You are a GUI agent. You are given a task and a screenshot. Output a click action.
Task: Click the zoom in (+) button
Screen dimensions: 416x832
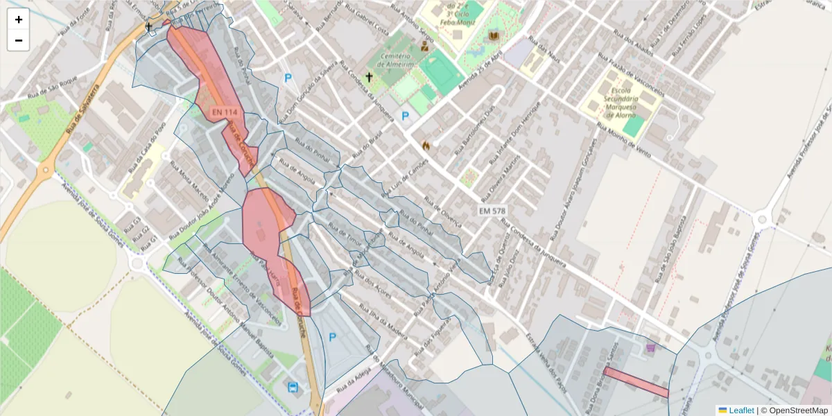point(19,19)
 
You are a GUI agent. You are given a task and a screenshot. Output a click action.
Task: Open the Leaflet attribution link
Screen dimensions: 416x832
point(741,410)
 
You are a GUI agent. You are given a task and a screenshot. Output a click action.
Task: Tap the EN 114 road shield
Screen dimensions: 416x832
point(225,112)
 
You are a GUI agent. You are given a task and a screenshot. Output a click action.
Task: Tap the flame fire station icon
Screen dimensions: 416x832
point(426,146)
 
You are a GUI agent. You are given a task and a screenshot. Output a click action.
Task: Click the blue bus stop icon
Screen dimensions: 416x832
point(293,387)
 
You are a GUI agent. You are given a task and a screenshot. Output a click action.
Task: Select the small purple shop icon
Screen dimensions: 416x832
point(650,348)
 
